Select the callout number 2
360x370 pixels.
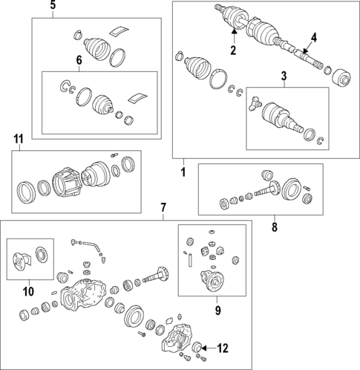tap(232, 51)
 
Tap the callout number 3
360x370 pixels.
tap(284, 77)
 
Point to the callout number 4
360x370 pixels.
tap(313, 37)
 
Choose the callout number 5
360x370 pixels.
tap(53, 7)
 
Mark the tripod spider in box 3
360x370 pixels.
tap(258, 105)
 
